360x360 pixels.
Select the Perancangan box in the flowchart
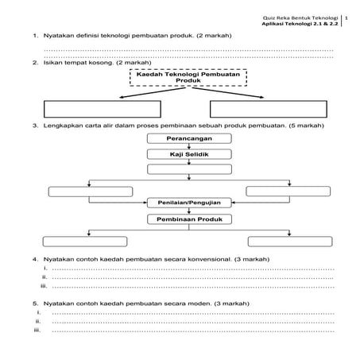[x=189, y=138]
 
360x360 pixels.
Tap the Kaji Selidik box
[x=189, y=154]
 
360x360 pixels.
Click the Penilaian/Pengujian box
[x=189, y=203]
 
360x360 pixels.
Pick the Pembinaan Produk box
[x=189, y=219]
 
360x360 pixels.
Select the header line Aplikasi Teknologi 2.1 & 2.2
[x=305, y=25]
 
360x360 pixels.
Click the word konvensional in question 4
[x=210, y=260]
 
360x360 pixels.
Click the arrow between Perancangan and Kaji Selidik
[x=189, y=146]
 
